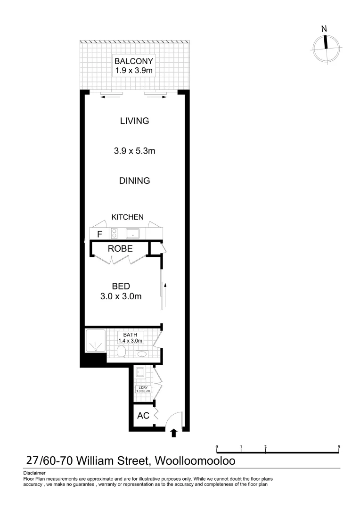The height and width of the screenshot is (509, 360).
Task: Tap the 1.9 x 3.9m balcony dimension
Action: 134,71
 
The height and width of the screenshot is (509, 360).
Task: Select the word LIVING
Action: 135,121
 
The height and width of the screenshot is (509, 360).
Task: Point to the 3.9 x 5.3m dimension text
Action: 135,151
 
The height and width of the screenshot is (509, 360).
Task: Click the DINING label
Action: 135,181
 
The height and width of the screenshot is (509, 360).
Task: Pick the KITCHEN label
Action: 127,217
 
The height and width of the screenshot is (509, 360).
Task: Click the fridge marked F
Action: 99,234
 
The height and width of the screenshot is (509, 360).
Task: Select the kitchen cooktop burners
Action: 114,233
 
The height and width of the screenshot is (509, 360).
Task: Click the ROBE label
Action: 120,248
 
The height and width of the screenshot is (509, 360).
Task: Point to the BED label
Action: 121,286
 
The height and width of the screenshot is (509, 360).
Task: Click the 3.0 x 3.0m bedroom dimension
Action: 121,296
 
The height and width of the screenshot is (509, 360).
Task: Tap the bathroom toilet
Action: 121,352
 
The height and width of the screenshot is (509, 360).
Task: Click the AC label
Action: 143,416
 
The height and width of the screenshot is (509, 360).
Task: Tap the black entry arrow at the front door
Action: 174,433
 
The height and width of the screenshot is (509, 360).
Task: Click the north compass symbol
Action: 325,43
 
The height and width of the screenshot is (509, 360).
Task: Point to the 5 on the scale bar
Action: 339,446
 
